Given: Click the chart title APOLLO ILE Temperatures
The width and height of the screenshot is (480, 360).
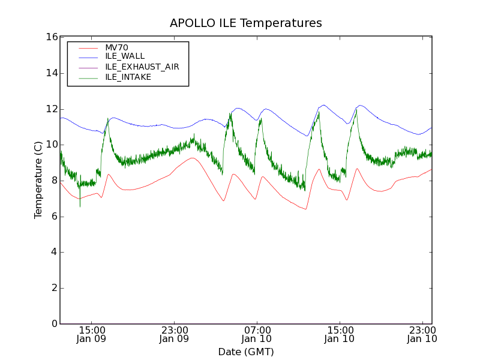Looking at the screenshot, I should tap(246, 23).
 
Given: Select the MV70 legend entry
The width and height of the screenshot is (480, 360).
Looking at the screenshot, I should tap(116, 47).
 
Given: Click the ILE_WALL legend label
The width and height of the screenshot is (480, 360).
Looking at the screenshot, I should tap(125, 56).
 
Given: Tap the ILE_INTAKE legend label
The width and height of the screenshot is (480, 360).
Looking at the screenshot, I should tap(128, 77).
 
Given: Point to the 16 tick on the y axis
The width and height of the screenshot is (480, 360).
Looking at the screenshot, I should tap(51, 37).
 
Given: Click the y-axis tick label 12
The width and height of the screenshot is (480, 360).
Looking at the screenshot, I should tap(51, 109).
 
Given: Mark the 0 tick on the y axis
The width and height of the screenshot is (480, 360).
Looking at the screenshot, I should tap(53, 324).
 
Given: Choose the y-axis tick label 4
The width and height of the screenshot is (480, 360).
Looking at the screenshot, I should tap(53, 253).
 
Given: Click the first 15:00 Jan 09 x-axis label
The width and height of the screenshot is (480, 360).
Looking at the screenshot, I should tap(92, 334).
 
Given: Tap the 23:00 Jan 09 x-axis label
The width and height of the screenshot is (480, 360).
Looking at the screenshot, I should tap(175, 334).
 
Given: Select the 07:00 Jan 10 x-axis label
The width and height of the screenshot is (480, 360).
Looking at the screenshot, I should tap(257, 334).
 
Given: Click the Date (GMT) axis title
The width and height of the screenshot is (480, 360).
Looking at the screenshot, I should tap(246, 352).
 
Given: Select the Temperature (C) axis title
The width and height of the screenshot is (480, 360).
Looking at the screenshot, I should tap(38, 180).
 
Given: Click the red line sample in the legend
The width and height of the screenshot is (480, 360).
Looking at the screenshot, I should tap(88, 47).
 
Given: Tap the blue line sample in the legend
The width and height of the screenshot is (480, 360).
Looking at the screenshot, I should tap(88, 56).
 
